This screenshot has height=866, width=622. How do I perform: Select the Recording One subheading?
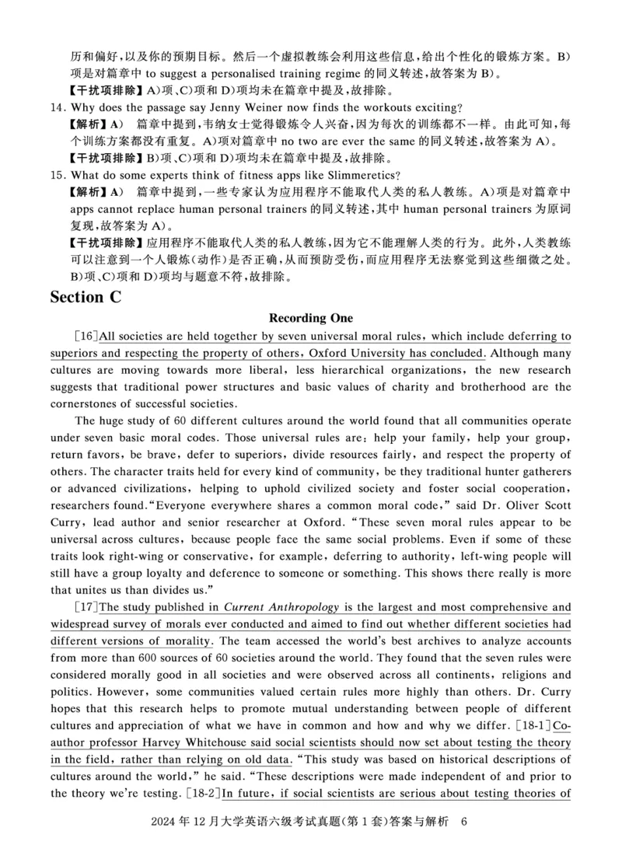tap(310, 318)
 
